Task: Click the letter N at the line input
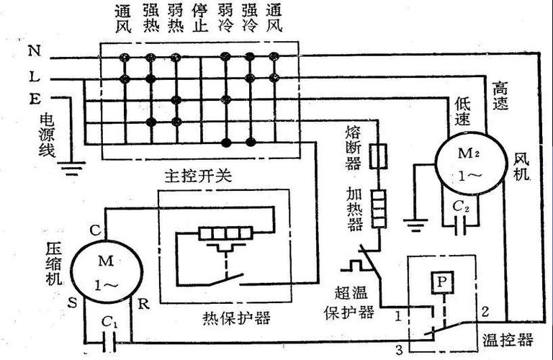(x=33, y=51)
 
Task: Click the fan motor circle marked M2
(x=467, y=164)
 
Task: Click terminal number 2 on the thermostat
(x=485, y=312)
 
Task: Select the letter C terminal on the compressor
(x=94, y=230)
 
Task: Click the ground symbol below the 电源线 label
(x=71, y=170)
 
